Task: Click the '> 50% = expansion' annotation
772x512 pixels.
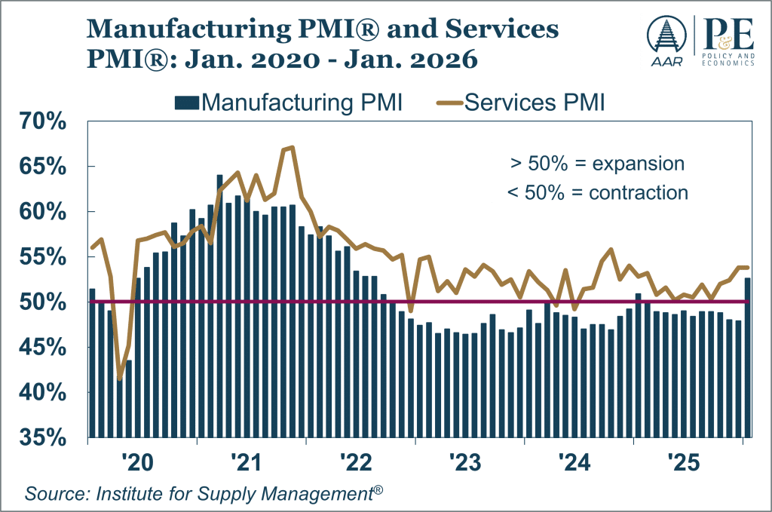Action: pos(596,164)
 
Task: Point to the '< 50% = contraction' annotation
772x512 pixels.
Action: pos(597,192)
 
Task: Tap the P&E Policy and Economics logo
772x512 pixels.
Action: pos(726,41)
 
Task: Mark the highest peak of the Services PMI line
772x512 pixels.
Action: pos(292,147)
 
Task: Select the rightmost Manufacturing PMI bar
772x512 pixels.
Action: pos(747,357)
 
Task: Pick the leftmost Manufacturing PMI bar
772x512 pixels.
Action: pos(92,362)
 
